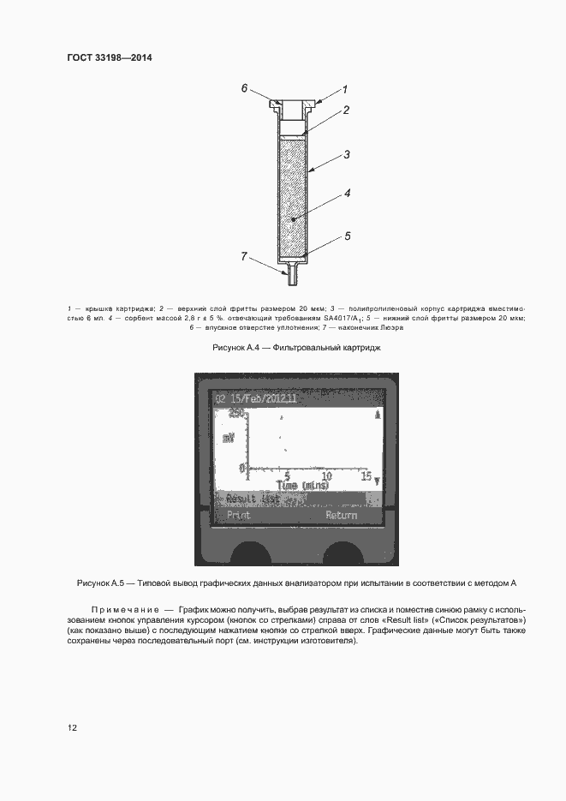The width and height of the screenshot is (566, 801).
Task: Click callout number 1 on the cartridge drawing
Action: (344, 89)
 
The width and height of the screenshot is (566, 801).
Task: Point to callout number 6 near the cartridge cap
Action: (244, 88)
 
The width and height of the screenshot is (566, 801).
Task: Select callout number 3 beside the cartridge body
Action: (346, 155)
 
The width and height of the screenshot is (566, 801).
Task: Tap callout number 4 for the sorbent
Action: (348, 194)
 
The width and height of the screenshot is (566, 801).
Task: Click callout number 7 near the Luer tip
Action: (244, 256)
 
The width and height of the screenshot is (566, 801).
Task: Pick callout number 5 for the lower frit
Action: (348, 235)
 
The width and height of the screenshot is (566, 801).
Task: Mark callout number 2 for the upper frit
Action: (347, 111)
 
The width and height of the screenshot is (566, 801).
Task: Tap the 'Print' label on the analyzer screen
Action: (238, 516)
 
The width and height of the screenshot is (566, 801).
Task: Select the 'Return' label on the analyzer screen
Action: (341, 516)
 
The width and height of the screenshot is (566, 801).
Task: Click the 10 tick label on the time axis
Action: (326, 475)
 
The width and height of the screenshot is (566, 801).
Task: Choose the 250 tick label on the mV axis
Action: (235, 413)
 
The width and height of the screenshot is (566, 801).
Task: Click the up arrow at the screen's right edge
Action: (377, 414)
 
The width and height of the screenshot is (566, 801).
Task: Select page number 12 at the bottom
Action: (73, 728)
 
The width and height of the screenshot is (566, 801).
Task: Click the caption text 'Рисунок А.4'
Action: (235, 349)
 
